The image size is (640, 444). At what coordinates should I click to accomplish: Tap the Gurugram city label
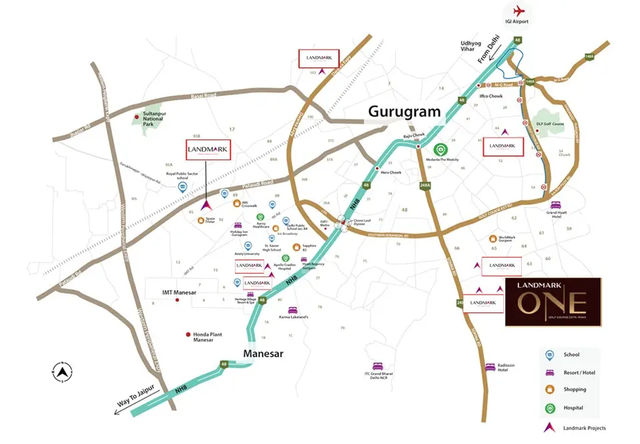[405, 112]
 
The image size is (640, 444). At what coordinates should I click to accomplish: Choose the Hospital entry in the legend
[573, 407]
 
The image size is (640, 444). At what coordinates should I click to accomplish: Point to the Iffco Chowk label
[491, 96]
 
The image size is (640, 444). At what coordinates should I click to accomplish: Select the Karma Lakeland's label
[293, 317]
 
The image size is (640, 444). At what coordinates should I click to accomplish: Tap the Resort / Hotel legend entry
[577, 372]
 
